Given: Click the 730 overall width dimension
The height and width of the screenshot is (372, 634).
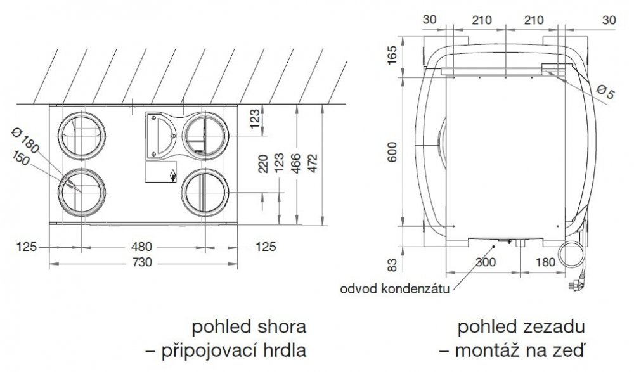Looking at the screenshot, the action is pyautogui.click(x=142, y=262).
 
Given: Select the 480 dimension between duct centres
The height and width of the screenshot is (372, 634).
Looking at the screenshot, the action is pyautogui.click(x=141, y=247).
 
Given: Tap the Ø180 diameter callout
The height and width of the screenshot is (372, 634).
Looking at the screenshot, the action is pyautogui.click(x=25, y=140).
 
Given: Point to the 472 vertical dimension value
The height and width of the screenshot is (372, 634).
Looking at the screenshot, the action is pyautogui.click(x=313, y=164).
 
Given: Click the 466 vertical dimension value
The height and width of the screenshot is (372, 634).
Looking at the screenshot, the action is pyautogui.click(x=296, y=164).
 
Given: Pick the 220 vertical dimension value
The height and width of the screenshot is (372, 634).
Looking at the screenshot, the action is pyautogui.click(x=263, y=164).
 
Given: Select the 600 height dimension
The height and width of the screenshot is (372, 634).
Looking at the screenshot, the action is pyautogui.click(x=392, y=151).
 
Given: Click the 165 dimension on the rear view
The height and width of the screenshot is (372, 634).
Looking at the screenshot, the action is pyautogui.click(x=392, y=55).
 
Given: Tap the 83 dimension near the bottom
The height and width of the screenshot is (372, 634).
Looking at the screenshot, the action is pyautogui.click(x=392, y=265).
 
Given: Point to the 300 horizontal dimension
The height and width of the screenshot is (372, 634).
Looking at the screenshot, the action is pyautogui.click(x=486, y=262).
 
